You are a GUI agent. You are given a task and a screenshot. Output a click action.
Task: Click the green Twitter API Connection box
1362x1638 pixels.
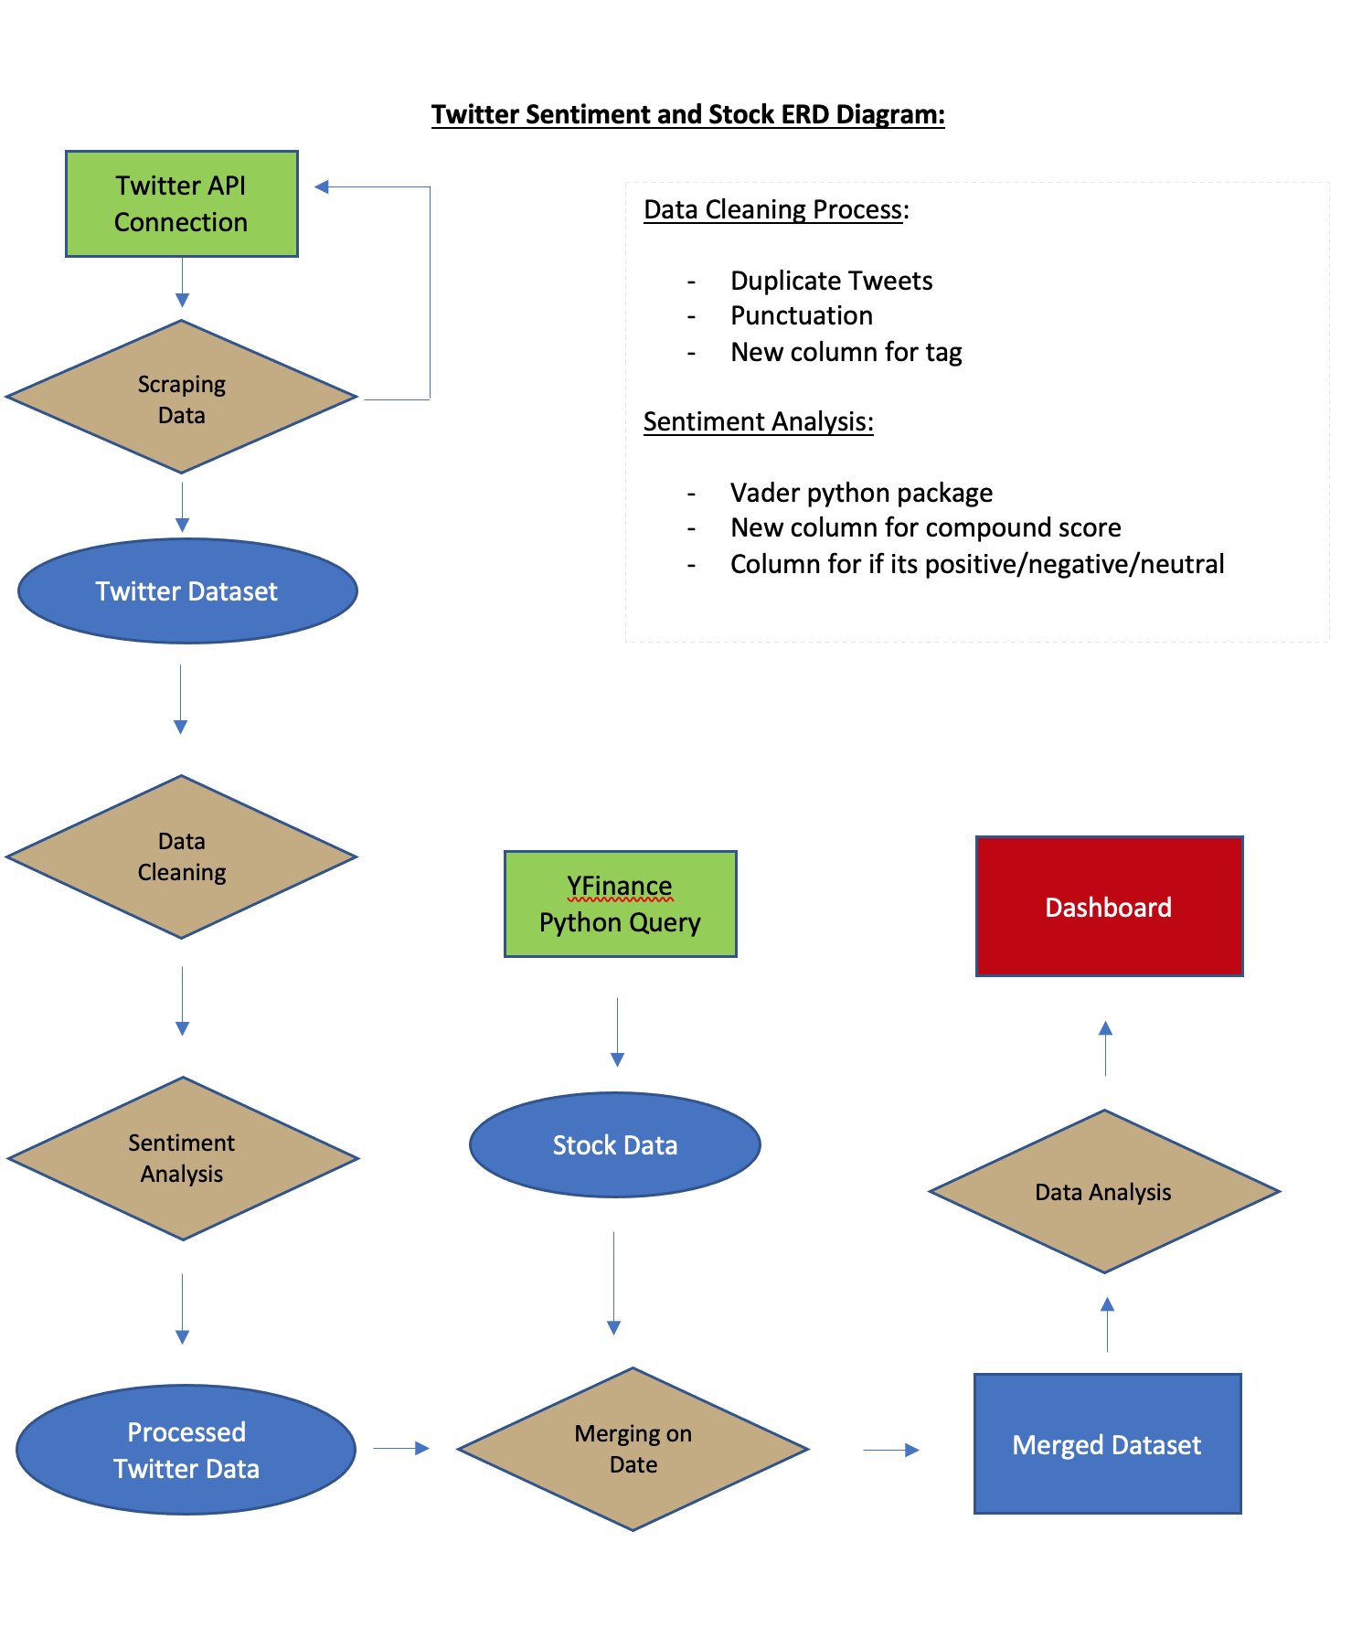tap(182, 204)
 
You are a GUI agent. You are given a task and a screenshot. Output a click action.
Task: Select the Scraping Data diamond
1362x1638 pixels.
tap(182, 398)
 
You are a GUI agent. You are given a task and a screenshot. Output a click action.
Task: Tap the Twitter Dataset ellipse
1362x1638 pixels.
tap(187, 591)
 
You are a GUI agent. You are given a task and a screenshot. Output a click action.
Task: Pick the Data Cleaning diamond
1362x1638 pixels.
tap(182, 856)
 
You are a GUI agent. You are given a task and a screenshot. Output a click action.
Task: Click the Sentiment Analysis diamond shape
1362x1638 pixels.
tap(182, 1158)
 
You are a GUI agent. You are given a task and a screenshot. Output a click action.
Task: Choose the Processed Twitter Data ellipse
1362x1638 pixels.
tap(186, 1450)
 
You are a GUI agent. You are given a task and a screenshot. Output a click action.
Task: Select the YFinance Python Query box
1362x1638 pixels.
tap(620, 904)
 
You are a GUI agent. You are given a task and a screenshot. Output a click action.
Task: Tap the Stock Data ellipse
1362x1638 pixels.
tap(615, 1144)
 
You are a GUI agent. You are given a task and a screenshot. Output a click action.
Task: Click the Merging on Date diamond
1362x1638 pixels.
tap(633, 1449)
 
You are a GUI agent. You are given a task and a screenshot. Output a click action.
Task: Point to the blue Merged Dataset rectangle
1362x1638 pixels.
tap(1107, 1444)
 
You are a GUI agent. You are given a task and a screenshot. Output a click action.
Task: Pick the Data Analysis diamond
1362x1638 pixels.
tap(1104, 1192)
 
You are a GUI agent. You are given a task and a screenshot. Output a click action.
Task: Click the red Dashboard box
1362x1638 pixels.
tap(1109, 907)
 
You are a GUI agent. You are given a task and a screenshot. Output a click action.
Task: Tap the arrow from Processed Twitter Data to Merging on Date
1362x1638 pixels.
tap(401, 1448)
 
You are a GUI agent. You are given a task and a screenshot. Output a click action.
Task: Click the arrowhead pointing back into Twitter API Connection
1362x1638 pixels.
tap(322, 187)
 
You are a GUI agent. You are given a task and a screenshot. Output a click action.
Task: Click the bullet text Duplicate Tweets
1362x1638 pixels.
tap(831, 281)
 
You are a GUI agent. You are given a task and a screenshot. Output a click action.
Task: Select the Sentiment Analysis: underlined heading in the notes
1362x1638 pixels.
tap(758, 421)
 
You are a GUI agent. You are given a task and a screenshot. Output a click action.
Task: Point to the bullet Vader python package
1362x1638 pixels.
tap(861, 493)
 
